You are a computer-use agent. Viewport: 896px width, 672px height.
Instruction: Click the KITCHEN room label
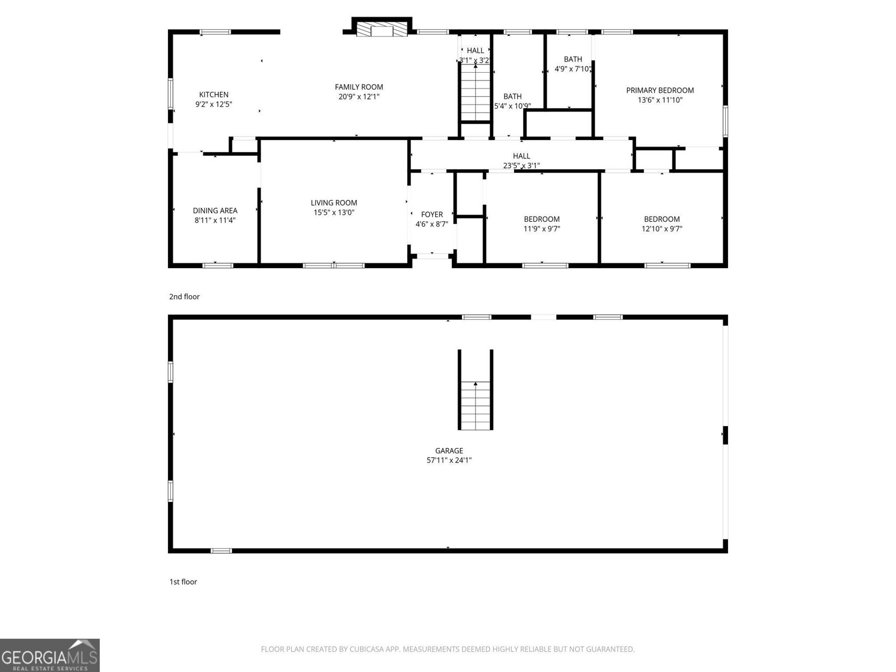(x=213, y=95)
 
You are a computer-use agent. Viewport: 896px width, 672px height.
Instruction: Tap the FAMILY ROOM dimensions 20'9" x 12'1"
(x=358, y=97)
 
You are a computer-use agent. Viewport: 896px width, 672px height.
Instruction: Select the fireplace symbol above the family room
(x=383, y=30)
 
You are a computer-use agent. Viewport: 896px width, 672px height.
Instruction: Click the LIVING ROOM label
(x=334, y=203)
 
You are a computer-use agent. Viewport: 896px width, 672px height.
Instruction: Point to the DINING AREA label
(x=215, y=211)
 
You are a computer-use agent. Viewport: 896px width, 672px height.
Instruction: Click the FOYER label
(x=432, y=214)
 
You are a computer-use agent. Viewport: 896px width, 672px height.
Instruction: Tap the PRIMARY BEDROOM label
(x=660, y=90)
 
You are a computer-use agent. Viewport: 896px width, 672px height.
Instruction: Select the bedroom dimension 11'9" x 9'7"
(x=542, y=228)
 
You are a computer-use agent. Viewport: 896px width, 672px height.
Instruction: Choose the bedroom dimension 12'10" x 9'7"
(x=662, y=228)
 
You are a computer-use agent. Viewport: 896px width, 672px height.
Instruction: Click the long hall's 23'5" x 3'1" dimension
(x=521, y=165)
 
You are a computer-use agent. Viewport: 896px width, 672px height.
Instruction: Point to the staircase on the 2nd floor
(x=475, y=92)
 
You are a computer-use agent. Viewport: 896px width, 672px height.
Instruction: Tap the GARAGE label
(x=449, y=450)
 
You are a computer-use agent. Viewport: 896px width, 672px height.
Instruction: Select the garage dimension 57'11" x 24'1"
(x=449, y=460)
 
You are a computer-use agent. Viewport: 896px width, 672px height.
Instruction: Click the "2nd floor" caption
(x=184, y=297)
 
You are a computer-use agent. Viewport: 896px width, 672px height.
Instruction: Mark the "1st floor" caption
(x=183, y=582)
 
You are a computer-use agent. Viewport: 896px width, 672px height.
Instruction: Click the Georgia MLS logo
(x=49, y=655)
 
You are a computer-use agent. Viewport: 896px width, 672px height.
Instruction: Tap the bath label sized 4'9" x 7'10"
(x=572, y=64)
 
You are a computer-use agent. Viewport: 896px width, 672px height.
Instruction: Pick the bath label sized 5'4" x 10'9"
(x=512, y=101)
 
